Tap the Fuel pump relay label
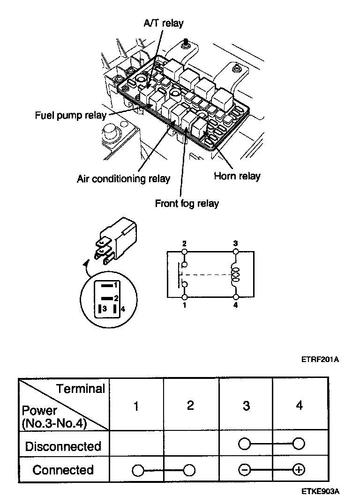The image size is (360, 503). point(71,115)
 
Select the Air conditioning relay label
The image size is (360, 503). point(123,179)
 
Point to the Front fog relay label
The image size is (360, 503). point(187,204)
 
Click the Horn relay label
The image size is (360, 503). point(237,177)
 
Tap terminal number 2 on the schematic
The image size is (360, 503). point(185,244)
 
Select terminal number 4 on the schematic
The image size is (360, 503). point(236,305)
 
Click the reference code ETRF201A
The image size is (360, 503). point(320,360)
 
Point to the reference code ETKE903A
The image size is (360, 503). point(320,491)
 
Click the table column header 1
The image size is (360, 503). point(136,406)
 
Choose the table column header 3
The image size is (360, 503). point(246,406)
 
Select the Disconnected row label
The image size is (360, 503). point(63,446)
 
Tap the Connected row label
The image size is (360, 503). point(63,470)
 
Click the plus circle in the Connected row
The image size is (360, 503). point(299,470)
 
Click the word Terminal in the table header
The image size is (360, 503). point(81,389)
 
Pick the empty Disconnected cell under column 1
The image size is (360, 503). point(136,446)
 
